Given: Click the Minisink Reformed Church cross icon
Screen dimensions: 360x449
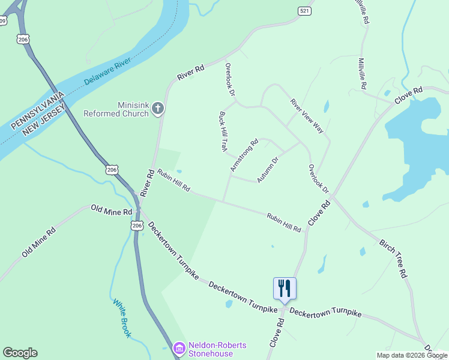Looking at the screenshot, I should coord(158,108).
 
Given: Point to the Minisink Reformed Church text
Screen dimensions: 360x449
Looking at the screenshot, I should coord(116,109).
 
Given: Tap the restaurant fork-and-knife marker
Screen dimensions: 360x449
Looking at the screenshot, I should coord(285,288).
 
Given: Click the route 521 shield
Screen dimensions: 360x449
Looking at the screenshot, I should coord(304,11).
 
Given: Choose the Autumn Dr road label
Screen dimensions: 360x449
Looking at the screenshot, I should coord(268,170).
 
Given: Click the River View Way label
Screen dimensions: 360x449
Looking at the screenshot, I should coord(307,116).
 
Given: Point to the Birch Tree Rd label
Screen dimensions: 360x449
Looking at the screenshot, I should coord(394,259).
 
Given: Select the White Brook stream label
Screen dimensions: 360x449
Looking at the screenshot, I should coord(121,318).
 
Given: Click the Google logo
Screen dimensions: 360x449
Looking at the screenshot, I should coord(20,353).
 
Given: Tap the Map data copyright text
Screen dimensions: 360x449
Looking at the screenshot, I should coord(412,355).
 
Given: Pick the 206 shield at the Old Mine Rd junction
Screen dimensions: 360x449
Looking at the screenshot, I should coord(137,225).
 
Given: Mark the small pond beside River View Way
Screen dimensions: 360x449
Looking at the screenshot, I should coord(327,107).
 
